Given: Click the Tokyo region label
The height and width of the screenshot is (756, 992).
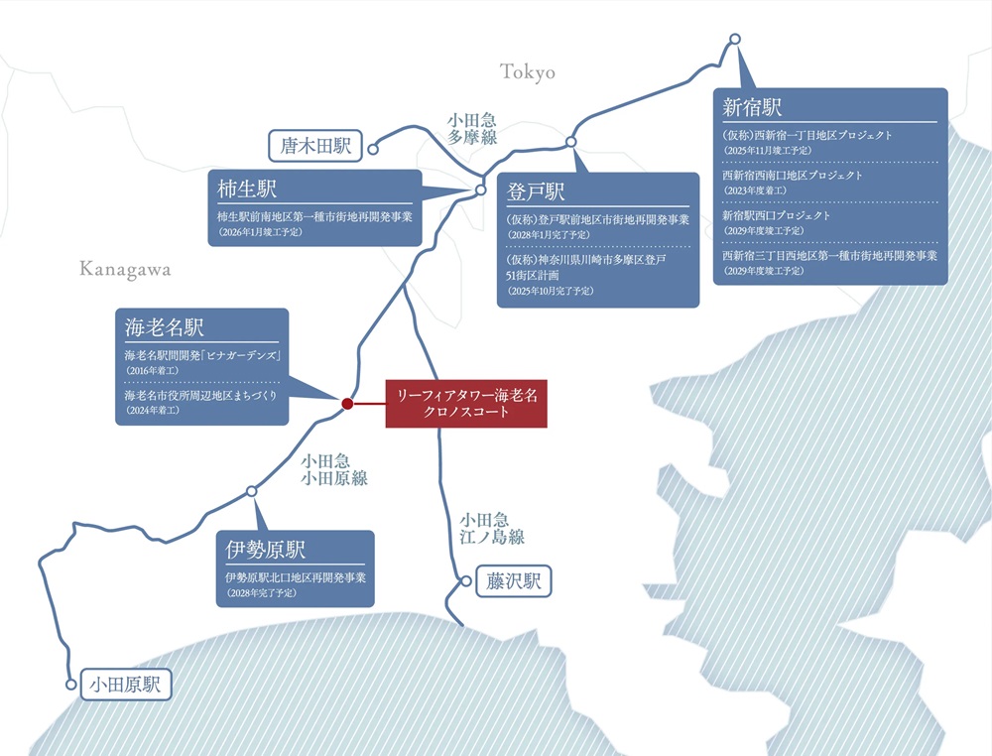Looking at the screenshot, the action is pos(528,72).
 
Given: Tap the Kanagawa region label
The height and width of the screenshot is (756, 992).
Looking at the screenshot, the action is pos(125,270).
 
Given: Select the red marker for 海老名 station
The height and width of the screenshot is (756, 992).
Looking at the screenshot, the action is pos(346,404).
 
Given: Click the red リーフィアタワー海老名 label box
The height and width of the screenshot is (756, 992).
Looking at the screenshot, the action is pos(466,404).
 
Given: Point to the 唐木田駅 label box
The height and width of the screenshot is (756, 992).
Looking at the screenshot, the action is pos(315,146).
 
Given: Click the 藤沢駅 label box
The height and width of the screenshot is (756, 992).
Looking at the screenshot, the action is pos(513,581).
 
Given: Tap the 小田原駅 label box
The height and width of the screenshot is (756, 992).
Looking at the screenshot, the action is pos(126,685).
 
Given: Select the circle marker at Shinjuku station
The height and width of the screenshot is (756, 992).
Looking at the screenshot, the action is pos(734,40).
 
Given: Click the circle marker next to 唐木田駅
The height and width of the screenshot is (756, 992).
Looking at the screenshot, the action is pos(373,149).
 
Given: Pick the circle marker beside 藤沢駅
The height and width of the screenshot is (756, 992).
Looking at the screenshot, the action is pos(466,581).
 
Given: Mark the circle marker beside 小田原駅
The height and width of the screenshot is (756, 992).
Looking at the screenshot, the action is pos(70,685).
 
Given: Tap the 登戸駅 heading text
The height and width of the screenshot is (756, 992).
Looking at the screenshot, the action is pos(536,191).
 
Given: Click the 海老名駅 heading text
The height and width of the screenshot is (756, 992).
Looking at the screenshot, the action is pos(164,327).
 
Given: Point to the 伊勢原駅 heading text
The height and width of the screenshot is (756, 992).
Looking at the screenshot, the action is pos(265,549).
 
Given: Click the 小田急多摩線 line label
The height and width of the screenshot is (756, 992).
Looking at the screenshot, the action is pos(472,129).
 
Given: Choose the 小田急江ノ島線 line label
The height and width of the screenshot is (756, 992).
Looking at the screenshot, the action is pos(492,528).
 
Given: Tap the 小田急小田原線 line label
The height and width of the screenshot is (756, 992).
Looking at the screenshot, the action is pos(334,469).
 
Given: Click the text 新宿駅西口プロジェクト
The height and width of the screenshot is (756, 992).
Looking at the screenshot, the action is pos(777,215).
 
